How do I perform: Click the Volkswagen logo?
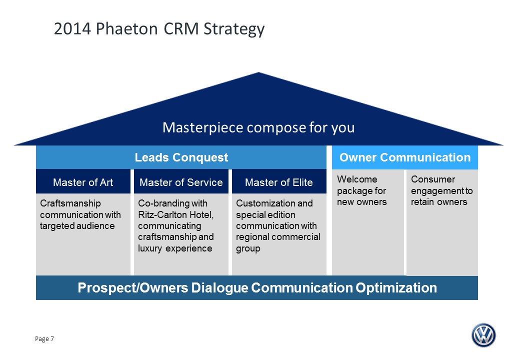point(483,335)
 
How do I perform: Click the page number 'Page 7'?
point(44,339)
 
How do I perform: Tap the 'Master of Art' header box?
point(83,181)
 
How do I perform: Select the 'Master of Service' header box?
point(181,181)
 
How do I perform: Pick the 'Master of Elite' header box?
point(279,181)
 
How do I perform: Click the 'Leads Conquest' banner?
point(181,157)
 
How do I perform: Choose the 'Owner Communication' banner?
point(405,157)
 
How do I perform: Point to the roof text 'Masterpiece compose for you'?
point(258,127)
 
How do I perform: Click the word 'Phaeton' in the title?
point(127,28)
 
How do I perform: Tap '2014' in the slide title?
point(72,28)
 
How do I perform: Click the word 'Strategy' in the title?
point(234,29)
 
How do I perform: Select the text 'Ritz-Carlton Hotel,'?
point(176,214)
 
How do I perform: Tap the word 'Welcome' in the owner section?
point(357,179)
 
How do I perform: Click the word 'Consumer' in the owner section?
point(433,179)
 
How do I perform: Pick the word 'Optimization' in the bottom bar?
point(396,288)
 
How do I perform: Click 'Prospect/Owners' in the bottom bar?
point(133,287)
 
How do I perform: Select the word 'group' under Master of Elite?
point(248,249)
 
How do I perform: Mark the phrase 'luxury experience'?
point(175,248)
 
